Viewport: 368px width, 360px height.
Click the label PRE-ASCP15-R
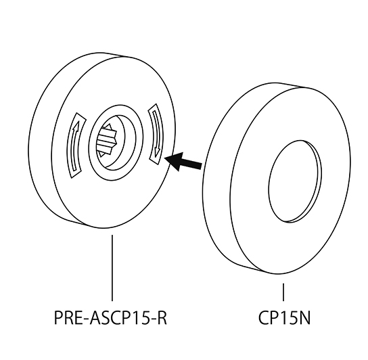click(x=110, y=318)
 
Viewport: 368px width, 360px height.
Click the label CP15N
click(x=284, y=318)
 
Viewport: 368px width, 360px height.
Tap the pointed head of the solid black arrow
click(x=165, y=158)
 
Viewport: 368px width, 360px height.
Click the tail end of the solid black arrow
click(x=202, y=165)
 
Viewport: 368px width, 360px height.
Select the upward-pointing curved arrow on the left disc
click(x=75, y=145)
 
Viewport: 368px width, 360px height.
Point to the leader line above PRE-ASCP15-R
click(x=112, y=268)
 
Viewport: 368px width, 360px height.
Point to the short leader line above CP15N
click(x=283, y=292)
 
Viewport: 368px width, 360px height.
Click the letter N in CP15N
click(x=304, y=318)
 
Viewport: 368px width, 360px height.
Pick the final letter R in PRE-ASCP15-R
click(x=162, y=318)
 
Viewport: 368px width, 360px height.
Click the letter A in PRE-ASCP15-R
click(x=95, y=318)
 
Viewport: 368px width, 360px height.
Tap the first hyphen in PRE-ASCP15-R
click(x=86, y=320)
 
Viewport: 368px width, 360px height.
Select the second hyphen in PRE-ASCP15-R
click(x=152, y=320)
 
